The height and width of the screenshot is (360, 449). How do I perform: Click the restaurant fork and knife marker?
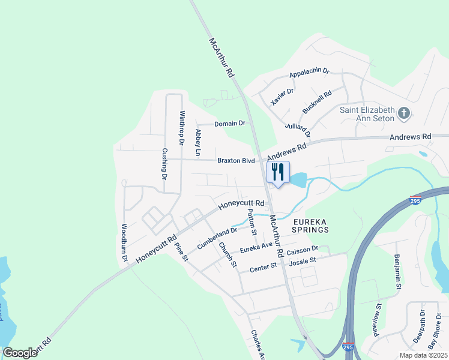277,172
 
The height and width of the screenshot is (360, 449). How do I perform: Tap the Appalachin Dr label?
309,73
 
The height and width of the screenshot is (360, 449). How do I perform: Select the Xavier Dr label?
282,96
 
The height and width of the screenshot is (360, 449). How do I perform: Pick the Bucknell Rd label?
318,103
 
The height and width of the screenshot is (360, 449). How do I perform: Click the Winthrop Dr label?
181,128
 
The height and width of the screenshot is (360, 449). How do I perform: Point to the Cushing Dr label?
163,164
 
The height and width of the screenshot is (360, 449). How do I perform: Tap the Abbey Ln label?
197,143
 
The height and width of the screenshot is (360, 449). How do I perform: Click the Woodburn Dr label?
124,242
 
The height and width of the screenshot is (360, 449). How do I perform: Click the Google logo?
20,353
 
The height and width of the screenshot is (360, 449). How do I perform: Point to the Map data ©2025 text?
423,355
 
